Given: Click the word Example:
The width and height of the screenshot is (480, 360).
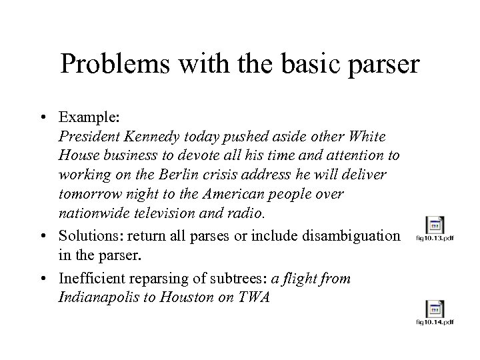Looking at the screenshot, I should (x=88, y=117).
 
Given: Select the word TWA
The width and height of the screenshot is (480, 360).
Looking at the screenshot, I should (x=253, y=297).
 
